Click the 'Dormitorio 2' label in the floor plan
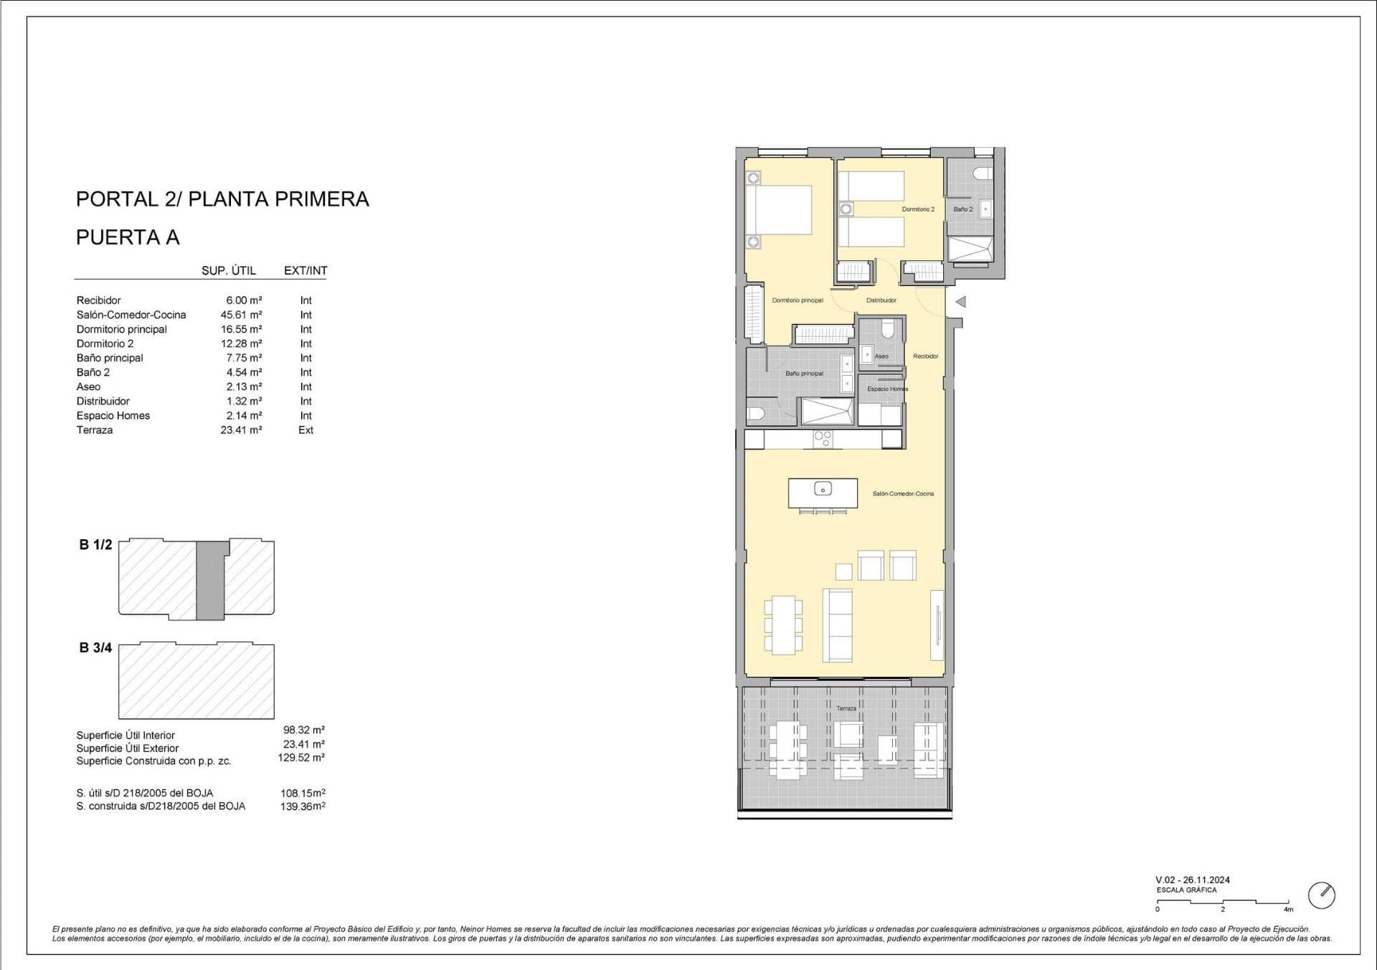coord(918,209)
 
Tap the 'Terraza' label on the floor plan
coord(846,708)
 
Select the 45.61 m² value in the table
coord(241,315)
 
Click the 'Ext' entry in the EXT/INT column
coord(306,430)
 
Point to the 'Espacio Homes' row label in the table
coord(113,416)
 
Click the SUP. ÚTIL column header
coord(229,270)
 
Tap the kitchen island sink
coord(823,490)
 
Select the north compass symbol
coord(1322,895)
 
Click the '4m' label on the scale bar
coord(1288,909)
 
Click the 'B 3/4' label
coord(95,648)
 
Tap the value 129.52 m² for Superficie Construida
coord(301,757)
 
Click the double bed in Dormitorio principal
coord(778,210)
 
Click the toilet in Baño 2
coord(984,174)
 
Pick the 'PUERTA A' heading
coord(128,237)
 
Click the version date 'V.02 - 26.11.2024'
coord(1193,880)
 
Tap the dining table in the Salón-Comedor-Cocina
coord(783,625)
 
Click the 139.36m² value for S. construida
coord(303,806)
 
